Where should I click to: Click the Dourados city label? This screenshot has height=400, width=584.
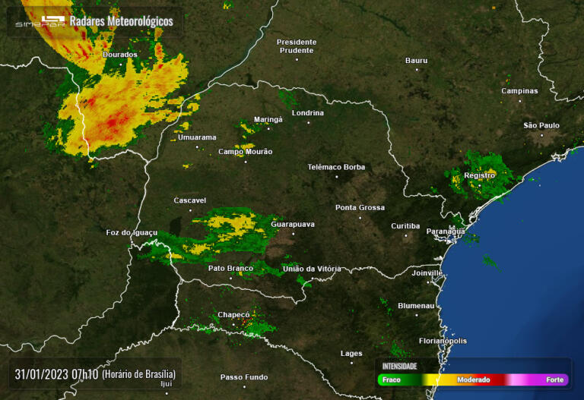click(120, 55)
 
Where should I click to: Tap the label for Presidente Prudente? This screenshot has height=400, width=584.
click(296, 46)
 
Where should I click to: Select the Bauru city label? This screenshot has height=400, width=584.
click(416, 61)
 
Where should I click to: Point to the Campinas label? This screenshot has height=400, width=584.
click(519, 91)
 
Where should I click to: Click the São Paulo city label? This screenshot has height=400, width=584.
click(541, 125)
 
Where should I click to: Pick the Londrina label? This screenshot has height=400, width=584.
click(307, 113)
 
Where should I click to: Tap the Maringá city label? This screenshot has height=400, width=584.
click(268, 120)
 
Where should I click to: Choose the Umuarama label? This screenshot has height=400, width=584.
click(197, 137)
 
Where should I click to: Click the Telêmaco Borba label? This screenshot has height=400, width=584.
click(336, 167)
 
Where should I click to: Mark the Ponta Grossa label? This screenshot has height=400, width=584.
click(360, 207)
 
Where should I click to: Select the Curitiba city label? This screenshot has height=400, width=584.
click(405, 226)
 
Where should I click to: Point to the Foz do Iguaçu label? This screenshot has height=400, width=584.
click(132, 232)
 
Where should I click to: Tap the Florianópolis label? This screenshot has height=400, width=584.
click(443, 341)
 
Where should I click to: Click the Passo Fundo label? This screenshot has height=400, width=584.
click(244, 377)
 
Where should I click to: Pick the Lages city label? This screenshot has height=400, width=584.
click(351, 353)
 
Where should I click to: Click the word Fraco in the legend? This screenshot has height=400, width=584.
click(392, 380)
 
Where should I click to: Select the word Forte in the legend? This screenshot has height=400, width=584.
click(554, 380)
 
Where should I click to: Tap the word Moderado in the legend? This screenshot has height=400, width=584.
click(473, 380)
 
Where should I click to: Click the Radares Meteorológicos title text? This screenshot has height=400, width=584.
click(121, 21)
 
